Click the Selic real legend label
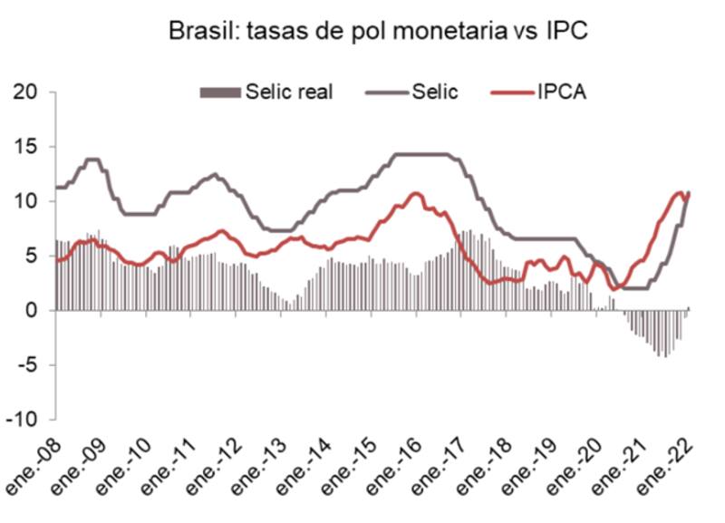click(x=289, y=92)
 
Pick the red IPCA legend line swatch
click(x=510, y=92)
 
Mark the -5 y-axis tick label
click(x=24, y=365)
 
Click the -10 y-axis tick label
click(x=22, y=420)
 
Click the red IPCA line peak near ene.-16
click(x=416, y=193)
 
